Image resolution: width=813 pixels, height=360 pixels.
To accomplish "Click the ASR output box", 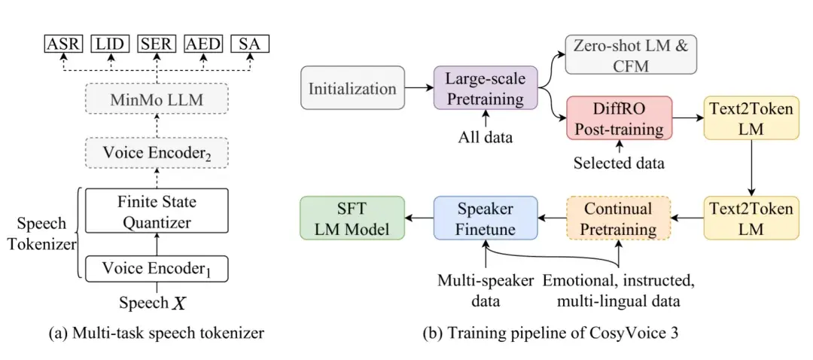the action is click(63, 44).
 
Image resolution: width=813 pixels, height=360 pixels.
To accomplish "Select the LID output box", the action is click(110, 44).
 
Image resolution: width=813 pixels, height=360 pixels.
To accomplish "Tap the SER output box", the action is click(157, 44).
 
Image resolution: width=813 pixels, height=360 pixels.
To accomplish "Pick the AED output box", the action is click(203, 44).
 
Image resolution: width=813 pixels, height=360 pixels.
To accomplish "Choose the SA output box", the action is click(250, 44).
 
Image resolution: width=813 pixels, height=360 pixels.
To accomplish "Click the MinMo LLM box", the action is click(157, 100).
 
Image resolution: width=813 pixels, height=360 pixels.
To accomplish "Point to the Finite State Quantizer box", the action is click(157, 211).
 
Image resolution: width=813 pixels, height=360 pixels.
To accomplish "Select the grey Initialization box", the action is click(352, 87).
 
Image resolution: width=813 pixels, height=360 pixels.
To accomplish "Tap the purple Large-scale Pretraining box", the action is click(486, 87).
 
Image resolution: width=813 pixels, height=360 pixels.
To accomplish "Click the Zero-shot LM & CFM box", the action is click(631, 55).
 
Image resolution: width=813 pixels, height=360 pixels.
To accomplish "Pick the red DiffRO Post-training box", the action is click(620, 117).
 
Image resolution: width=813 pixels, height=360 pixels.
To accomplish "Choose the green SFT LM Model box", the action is click(352, 218).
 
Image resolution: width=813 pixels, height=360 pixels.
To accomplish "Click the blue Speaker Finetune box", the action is click(486, 218).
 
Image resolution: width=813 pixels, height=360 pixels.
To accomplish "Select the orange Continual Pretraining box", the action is click(620, 218).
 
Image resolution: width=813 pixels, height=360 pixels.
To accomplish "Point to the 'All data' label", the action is click(486, 138).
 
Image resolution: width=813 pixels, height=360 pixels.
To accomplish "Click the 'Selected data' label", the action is click(619, 164).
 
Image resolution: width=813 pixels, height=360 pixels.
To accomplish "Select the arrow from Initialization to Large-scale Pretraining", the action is click(419, 87).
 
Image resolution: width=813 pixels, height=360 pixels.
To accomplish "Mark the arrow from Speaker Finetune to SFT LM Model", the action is click(419, 218).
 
